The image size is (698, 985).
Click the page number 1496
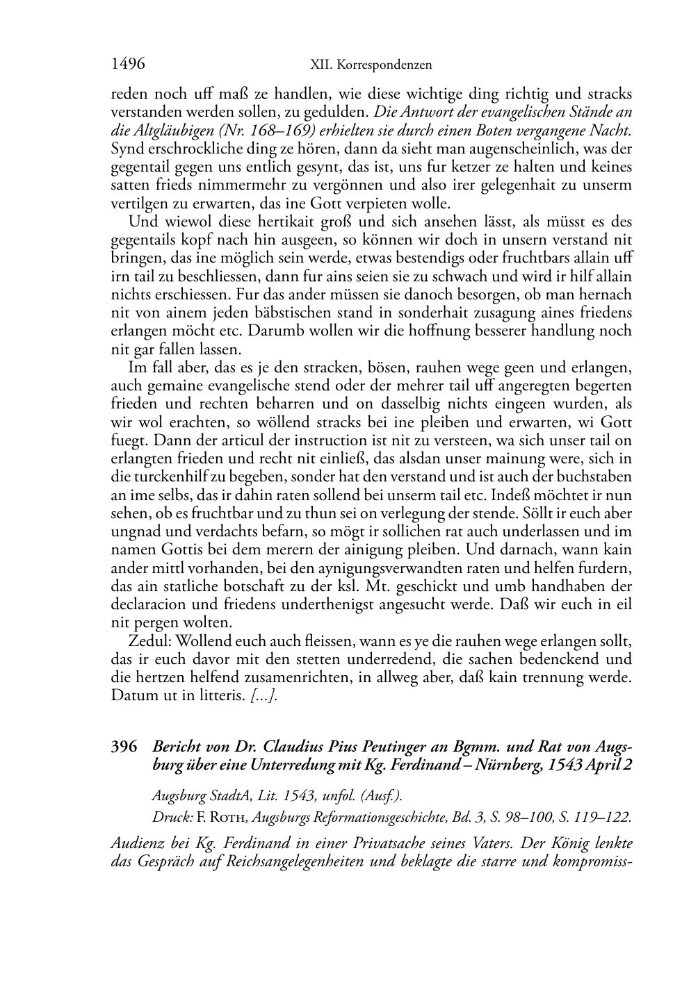coord(128,65)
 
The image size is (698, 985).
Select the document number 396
coord(124,747)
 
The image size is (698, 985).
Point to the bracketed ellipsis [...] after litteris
coord(264,695)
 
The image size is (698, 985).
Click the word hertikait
coord(277,222)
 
